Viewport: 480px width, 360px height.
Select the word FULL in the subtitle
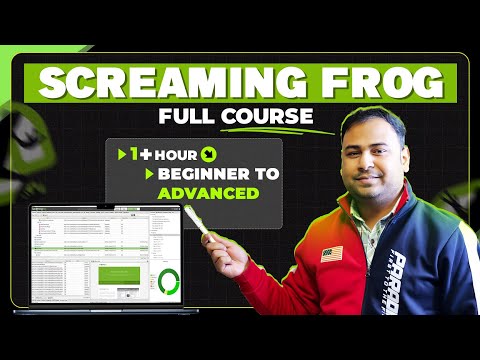click(191, 117)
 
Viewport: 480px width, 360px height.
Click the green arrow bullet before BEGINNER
click(149, 174)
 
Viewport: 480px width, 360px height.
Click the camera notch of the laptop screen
click(99, 207)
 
